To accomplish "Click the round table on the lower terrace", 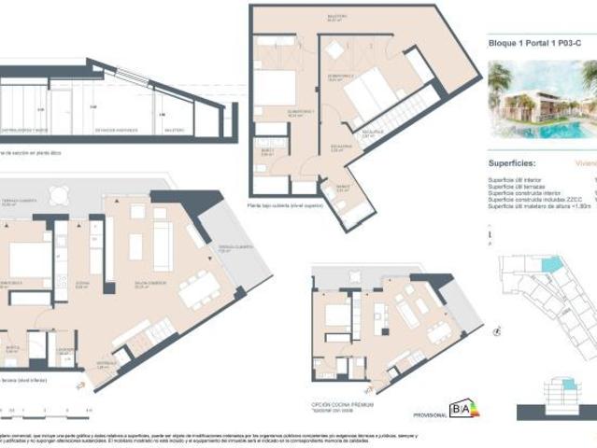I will pos(58,194).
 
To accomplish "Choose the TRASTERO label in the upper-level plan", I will pos(336,16).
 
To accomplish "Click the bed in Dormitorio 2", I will pos(370,90).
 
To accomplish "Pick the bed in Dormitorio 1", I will pos(275,88).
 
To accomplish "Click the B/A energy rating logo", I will pos(463,409).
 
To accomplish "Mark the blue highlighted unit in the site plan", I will pos(552,265).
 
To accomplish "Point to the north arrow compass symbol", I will pos(497,330).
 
